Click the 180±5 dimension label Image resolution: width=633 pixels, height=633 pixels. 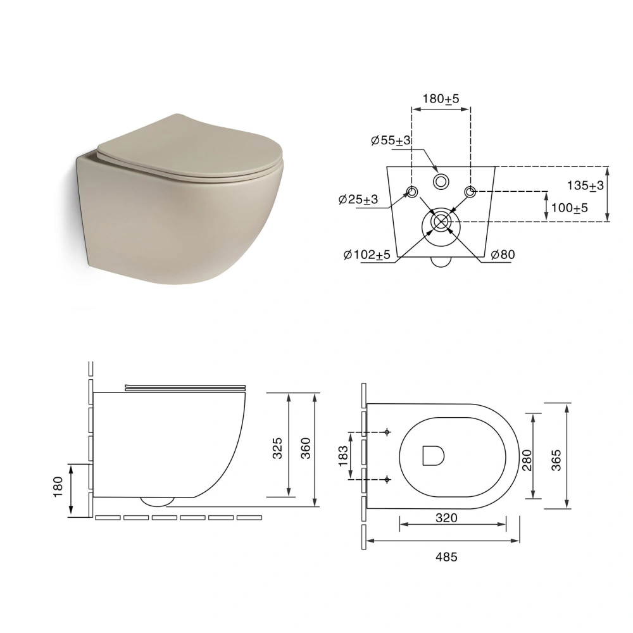click(x=441, y=99)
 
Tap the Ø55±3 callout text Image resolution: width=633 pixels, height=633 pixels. click(x=391, y=141)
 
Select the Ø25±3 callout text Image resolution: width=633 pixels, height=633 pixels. click(x=358, y=199)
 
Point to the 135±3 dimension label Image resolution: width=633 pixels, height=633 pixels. click(x=586, y=185)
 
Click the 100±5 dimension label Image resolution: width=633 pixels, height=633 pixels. click(x=570, y=208)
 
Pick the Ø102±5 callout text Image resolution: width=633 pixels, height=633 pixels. click(x=367, y=254)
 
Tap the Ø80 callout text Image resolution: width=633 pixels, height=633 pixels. click(x=503, y=254)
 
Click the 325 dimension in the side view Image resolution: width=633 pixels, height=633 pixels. click(x=278, y=448)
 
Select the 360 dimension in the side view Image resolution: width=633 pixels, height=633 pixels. click(x=306, y=448)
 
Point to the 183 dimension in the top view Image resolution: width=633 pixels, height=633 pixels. click(x=342, y=456)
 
